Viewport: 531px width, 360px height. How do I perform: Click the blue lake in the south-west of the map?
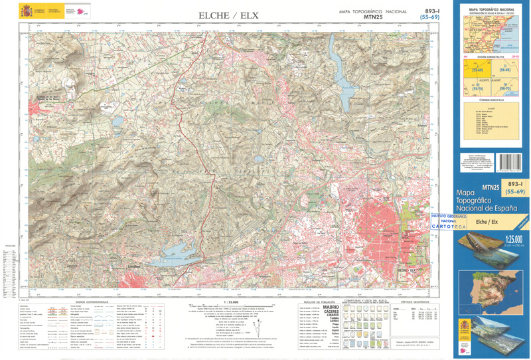pyautogui.click(x=171, y=251)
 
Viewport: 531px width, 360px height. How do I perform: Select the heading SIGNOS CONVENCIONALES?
pyautogui.click(x=84, y=301)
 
